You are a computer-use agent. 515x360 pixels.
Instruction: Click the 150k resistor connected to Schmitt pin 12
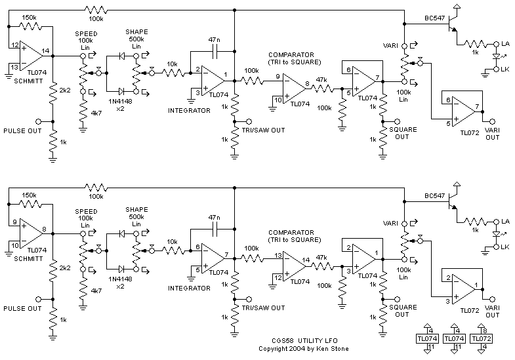click(x=29, y=26)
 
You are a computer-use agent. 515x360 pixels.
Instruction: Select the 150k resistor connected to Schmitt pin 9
click(x=29, y=205)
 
